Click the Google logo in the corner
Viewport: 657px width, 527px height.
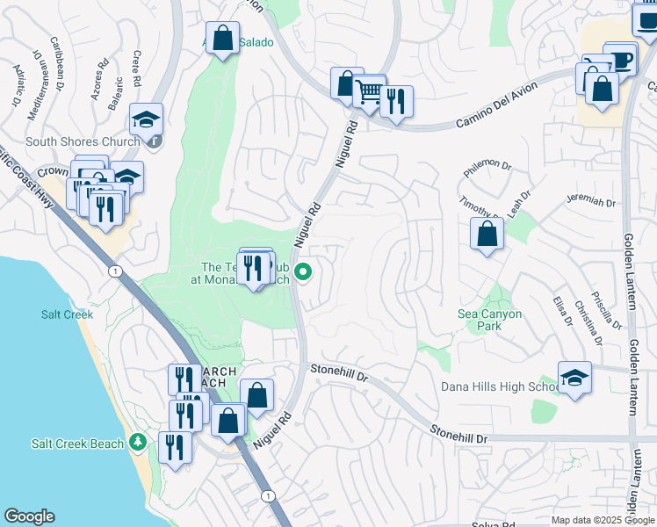point(29,516)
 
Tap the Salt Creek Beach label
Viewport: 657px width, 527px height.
point(77,444)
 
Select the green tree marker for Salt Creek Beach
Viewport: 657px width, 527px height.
point(137,441)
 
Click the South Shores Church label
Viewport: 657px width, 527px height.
point(83,141)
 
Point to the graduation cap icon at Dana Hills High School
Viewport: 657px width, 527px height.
point(574,378)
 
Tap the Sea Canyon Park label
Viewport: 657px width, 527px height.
point(489,320)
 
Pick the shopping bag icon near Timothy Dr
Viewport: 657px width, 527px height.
point(486,234)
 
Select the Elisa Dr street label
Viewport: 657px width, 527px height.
point(560,315)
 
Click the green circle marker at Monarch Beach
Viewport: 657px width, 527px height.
point(304,272)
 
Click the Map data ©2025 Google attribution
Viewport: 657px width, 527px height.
point(602,520)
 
